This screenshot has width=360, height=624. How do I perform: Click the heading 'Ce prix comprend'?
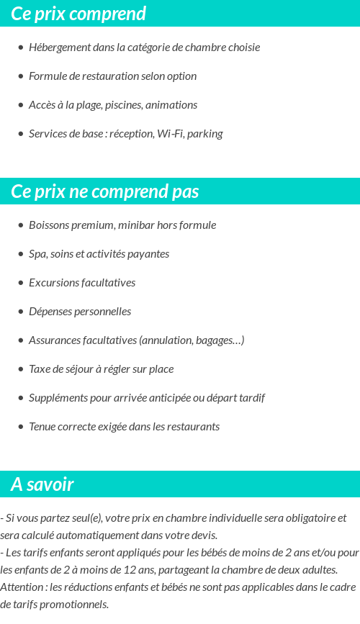78,14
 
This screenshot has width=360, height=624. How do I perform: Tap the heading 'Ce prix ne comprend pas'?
105,191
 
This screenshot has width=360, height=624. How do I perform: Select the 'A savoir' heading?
42,484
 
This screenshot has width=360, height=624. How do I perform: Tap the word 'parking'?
205,134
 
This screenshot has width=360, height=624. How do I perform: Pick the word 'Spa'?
37,254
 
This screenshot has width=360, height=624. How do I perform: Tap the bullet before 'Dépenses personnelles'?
20,312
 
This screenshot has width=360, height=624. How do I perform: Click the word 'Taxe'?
40,369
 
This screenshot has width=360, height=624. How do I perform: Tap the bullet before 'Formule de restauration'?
20,76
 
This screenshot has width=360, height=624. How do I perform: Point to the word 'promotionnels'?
74,604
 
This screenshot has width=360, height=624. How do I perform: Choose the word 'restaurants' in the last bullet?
193,427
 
